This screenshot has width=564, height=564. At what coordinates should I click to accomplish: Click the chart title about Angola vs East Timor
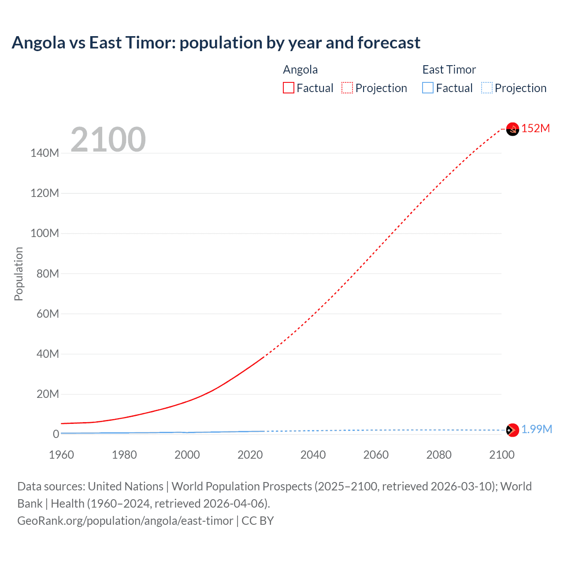tap(216, 43)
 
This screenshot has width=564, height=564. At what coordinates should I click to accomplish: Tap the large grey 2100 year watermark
tap(108, 140)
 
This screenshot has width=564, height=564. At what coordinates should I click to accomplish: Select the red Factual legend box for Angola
tap(288, 88)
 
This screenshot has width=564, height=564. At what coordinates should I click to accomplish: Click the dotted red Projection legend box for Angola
tap(347, 88)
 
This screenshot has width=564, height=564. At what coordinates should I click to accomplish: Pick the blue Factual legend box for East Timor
tap(427, 88)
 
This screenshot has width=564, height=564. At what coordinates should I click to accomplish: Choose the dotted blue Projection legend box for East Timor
tap(486, 88)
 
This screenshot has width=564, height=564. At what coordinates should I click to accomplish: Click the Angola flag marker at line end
tap(512, 129)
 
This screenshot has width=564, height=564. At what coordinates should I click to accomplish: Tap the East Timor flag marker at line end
tap(512, 430)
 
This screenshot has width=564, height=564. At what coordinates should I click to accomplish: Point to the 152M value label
tap(536, 128)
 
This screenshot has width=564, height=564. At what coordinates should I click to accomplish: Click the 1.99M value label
tap(537, 430)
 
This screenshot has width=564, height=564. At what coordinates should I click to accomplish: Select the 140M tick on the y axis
tap(45, 153)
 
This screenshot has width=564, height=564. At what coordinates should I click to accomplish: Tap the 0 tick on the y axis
tap(56, 434)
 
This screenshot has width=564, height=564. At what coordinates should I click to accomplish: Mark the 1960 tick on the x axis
tap(61, 455)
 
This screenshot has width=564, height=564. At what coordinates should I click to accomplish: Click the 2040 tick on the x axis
tap(313, 455)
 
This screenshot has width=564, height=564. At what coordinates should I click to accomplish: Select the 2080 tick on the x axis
tap(439, 455)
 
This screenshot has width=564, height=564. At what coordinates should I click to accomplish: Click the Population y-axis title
tap(19, 274)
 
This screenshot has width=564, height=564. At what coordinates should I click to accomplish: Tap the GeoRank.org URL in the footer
tap(125, 521)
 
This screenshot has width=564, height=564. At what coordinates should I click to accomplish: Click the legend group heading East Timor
tap(449, 70)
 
